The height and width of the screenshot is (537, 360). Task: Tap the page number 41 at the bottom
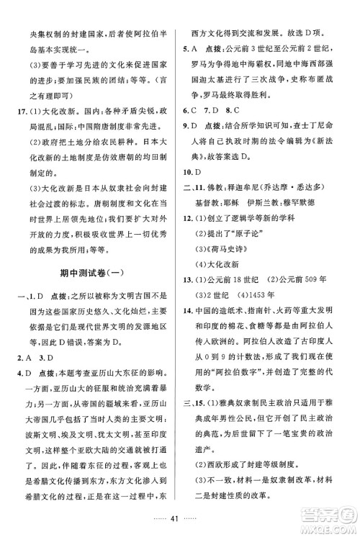tap(180, 519)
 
